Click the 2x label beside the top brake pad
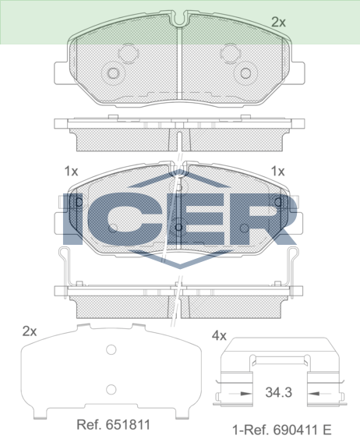[x=278, y=22]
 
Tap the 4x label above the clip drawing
[x=219, y=335]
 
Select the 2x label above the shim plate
[x=30, y=331]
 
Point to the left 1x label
[x=71, y=171]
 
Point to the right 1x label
[x=277, y=171]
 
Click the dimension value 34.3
[x=279, y=392]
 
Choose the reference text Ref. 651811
[x=113, y=425]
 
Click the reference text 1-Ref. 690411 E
[x=281, y=429]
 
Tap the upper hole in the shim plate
[x=111, y=349]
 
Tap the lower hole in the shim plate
[x=111, y=389]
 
